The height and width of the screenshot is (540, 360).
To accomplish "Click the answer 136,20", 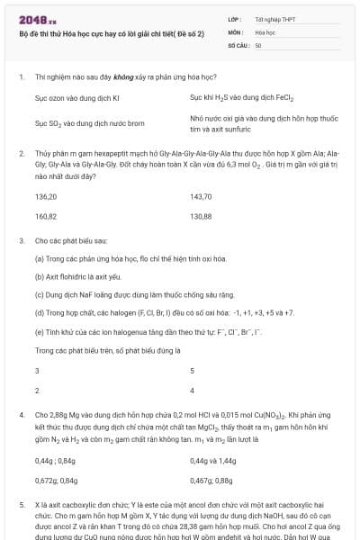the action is [46, 195].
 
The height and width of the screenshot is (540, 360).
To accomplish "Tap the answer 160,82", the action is [46, 217].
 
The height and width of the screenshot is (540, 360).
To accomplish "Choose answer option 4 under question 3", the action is [192, 391].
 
